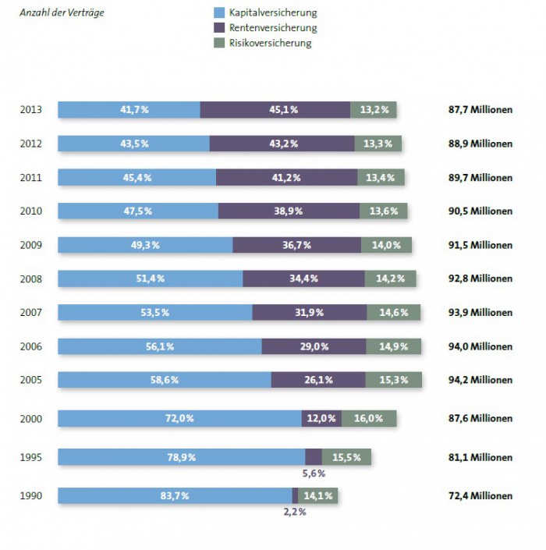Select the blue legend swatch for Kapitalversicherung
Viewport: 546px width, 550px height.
(218, 13)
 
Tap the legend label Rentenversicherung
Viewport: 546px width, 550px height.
(273, 28)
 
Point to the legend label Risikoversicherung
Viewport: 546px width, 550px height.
(270, 43)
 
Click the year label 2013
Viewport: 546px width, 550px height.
(31, 110)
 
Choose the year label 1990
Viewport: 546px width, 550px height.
(31, 495)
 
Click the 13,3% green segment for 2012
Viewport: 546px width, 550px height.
(378, 144)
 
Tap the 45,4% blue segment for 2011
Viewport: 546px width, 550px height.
(136, 177)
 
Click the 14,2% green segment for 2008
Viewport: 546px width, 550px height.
(390, 279)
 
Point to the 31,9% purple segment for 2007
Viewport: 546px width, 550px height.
(310, 312)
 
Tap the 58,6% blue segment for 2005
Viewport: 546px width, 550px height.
(165, 380)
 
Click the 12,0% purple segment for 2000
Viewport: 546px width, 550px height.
(321, 418)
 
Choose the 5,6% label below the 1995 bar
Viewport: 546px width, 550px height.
(314, 473)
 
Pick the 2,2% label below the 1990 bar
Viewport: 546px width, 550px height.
(294, 512)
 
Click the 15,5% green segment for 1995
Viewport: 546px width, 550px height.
(346, 457)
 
